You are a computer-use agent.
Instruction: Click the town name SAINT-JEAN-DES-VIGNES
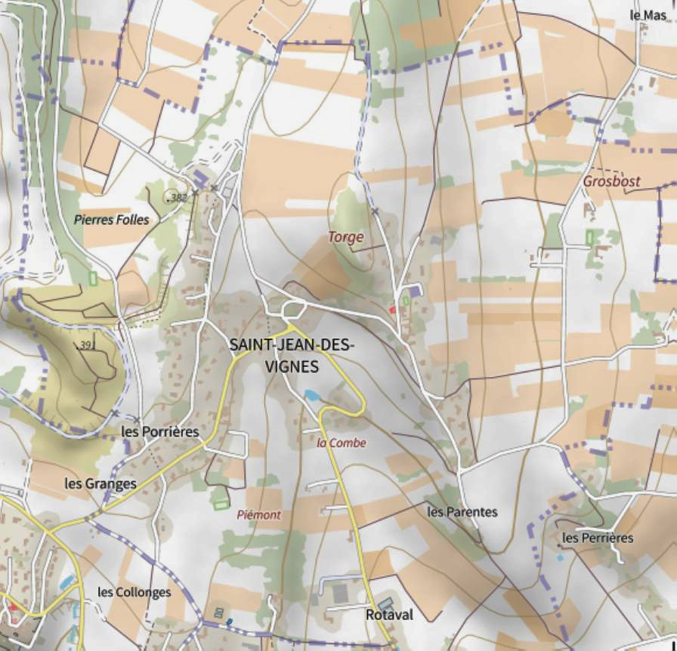tap(292, 355)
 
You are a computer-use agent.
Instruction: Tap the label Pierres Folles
tap(112, 220)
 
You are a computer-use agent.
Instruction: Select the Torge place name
tap(345, 237)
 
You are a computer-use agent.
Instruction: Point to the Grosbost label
tap(611, 181)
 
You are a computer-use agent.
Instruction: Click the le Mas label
tap(648, 14)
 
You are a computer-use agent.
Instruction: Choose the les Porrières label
tap(160, 432)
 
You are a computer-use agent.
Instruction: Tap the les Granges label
tap(100, 483)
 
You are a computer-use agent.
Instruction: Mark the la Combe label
tap(342, 443)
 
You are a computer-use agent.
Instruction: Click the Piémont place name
tap(258, 515)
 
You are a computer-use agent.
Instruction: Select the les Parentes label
tap(462, 512)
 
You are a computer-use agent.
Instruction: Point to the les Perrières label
tap(598, 538)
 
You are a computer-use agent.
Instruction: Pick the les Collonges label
tap(134, 592)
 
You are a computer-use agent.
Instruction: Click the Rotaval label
tap(389, 616)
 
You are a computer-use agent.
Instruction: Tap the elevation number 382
tap(178, 198)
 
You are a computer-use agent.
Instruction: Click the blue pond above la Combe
tap(311, 395)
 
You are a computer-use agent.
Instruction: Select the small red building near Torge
tap(392, 310)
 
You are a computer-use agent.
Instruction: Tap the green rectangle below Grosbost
tap(589, 238)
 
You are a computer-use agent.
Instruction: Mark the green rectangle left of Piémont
tap(221, 504)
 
